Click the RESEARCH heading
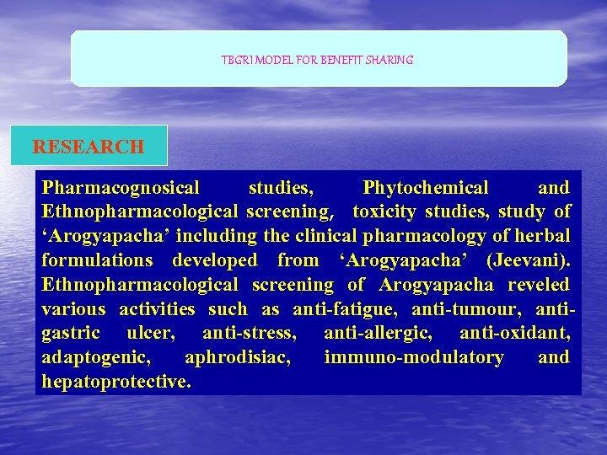[x=89, y=147]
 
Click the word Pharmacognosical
[x=121, y=188]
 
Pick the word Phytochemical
[x=425, y=188]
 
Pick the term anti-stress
[x=250, y=333]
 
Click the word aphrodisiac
[x=238, y=357]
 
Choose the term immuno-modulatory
[x=414, y=357]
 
